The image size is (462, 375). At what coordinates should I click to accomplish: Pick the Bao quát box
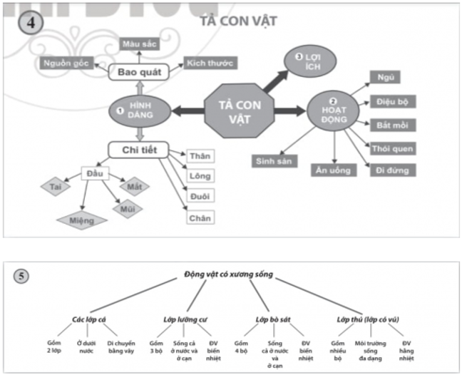click(x=138, y=71)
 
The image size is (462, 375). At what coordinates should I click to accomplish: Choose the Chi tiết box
click(x=138, y=149)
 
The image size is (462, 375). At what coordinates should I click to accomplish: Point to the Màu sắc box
click(x=139, y=45)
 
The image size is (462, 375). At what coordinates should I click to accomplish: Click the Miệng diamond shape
click(x=82, y=220)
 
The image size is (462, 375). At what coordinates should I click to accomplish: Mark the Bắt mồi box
click(x=392, y=125)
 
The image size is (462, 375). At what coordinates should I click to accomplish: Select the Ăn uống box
click(x=334, y=170)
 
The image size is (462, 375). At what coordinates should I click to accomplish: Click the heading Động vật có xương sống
click(x=228, y=274)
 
